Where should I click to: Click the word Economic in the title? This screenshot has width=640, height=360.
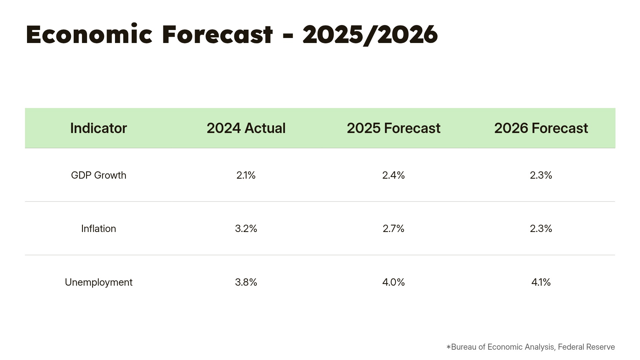pos(89,35)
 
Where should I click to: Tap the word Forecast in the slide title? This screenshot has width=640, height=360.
pos(217,35)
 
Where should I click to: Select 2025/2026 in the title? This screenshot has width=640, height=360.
pos(370,35)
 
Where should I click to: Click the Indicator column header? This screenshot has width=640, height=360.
pos(98,128)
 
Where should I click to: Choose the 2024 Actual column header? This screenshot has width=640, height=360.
pos(246,128)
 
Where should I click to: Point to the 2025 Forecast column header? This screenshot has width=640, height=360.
pos(393,128)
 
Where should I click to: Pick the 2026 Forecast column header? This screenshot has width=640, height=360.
pos(541,128)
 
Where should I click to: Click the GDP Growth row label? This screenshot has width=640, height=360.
pos(98,175)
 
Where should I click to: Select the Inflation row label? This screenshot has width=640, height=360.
pos(98,229)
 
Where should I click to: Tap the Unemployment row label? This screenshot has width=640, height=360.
pos(98,282)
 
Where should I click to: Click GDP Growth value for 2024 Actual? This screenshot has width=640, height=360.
pos(246,175)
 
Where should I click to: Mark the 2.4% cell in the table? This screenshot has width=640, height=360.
pos(393,175)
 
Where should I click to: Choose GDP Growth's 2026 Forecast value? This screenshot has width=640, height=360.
pos(541,175)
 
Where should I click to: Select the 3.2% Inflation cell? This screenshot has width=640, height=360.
pos(246,229)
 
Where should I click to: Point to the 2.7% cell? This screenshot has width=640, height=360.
pos(393,229)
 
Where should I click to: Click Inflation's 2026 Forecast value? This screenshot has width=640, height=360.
pos(541,229)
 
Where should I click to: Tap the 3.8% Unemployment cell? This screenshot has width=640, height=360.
pos(246,282)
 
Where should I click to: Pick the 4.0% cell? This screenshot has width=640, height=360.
pos(393,282)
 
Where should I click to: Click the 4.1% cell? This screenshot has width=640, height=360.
pos(541,282)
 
